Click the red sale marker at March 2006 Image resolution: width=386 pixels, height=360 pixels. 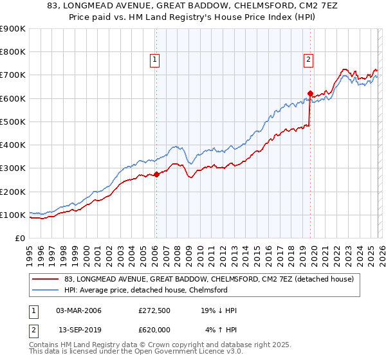tap(156, 174)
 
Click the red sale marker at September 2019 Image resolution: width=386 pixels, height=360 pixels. tap(310, 93)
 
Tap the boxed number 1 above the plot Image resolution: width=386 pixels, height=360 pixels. tap(156, 60)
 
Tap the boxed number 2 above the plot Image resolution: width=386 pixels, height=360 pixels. tap(309, 60)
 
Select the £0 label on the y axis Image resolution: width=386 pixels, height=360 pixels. tap(20, 238)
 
